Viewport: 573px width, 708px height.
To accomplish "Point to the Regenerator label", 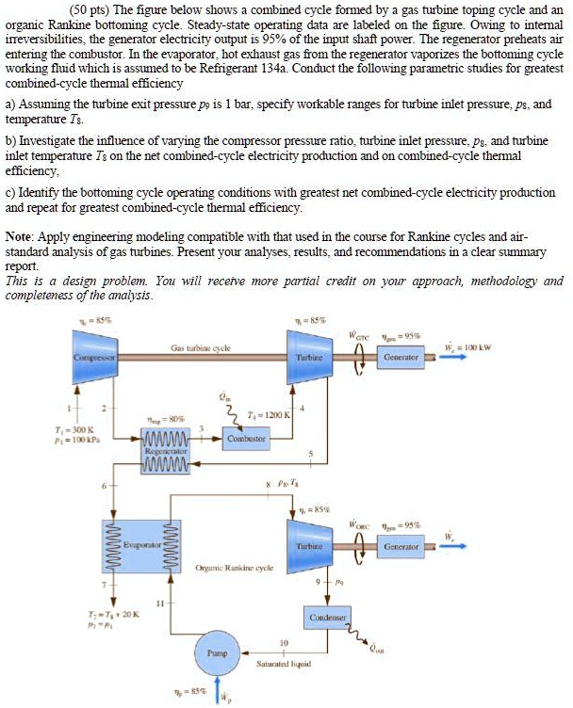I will click(166, 451).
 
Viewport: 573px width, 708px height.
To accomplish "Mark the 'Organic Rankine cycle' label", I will click(235, 568).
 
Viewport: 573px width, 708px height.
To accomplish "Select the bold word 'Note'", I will click(19, 231).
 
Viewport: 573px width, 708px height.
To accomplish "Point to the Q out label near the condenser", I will click(375, 650).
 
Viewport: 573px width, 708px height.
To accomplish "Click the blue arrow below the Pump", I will click(222, 695).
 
